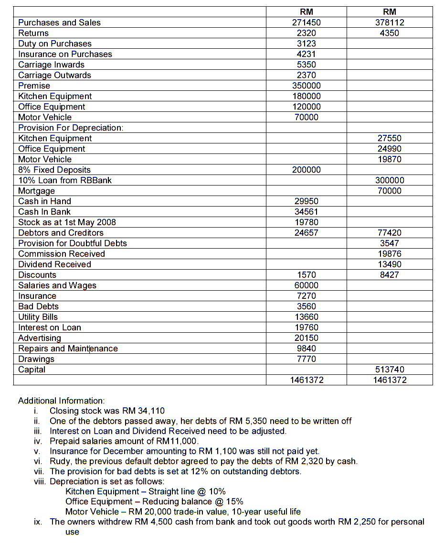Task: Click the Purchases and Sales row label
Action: click(59, 22)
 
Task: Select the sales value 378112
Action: click(390, 22)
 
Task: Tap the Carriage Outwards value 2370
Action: click(306, 75)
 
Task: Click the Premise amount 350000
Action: click(306, 86)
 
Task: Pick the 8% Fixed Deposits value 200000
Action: click(306, 170)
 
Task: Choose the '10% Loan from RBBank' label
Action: click(65, 180)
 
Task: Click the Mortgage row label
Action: click(36, 191)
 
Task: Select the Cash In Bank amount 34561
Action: click(306, 212)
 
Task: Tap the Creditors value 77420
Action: click(390, 233)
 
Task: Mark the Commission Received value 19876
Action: click(390, 254)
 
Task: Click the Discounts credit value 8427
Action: click(390, 275)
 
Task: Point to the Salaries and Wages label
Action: click(57, 285)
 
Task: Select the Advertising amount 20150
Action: click(306, 338)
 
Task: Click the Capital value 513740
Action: click(390, 370)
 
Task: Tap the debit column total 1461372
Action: click(306, 380)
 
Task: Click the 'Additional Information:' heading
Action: click(61, 401)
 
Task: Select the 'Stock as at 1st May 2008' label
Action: click(67, 222)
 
